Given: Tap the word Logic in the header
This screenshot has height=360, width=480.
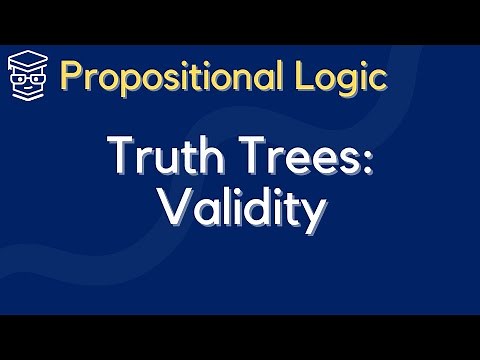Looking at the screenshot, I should tap(344, 75).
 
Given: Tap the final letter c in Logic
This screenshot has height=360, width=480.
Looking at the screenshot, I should tap(377, 77).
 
